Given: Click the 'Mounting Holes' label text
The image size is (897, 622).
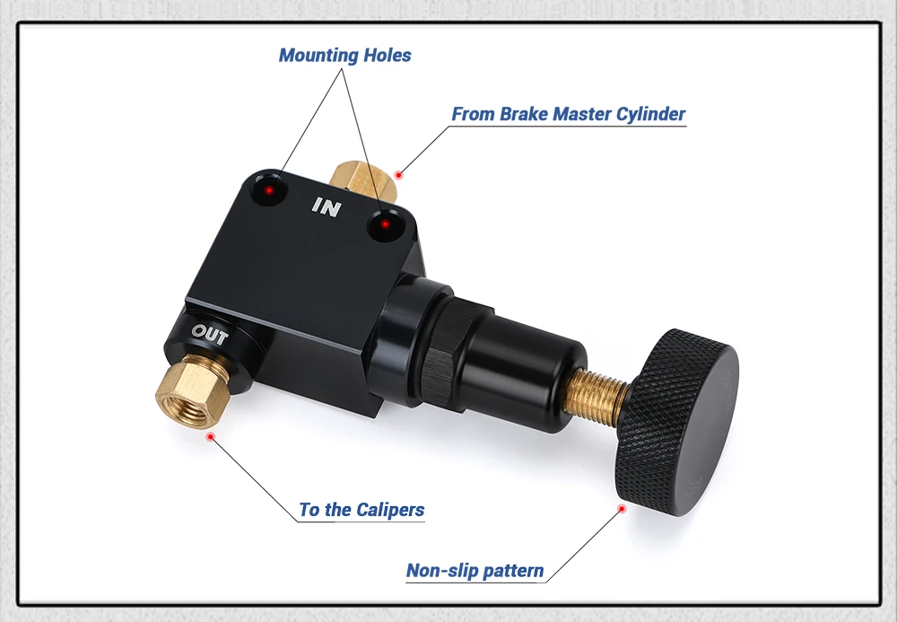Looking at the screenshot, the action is (344, 56).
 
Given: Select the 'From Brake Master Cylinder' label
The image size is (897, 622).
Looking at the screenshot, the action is (568, 114).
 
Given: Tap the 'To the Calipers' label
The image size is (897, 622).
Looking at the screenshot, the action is (361, 510).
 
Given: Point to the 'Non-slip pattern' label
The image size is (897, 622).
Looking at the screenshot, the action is (475, 571).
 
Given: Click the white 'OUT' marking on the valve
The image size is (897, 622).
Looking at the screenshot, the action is (210, 337).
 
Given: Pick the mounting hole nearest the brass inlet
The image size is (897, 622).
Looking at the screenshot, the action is (386, 225).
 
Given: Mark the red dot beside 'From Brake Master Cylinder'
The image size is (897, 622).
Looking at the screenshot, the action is (399, 173).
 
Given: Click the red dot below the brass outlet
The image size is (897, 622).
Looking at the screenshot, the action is (211, 436).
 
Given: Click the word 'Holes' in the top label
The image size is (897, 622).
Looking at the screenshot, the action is (388, 56).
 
